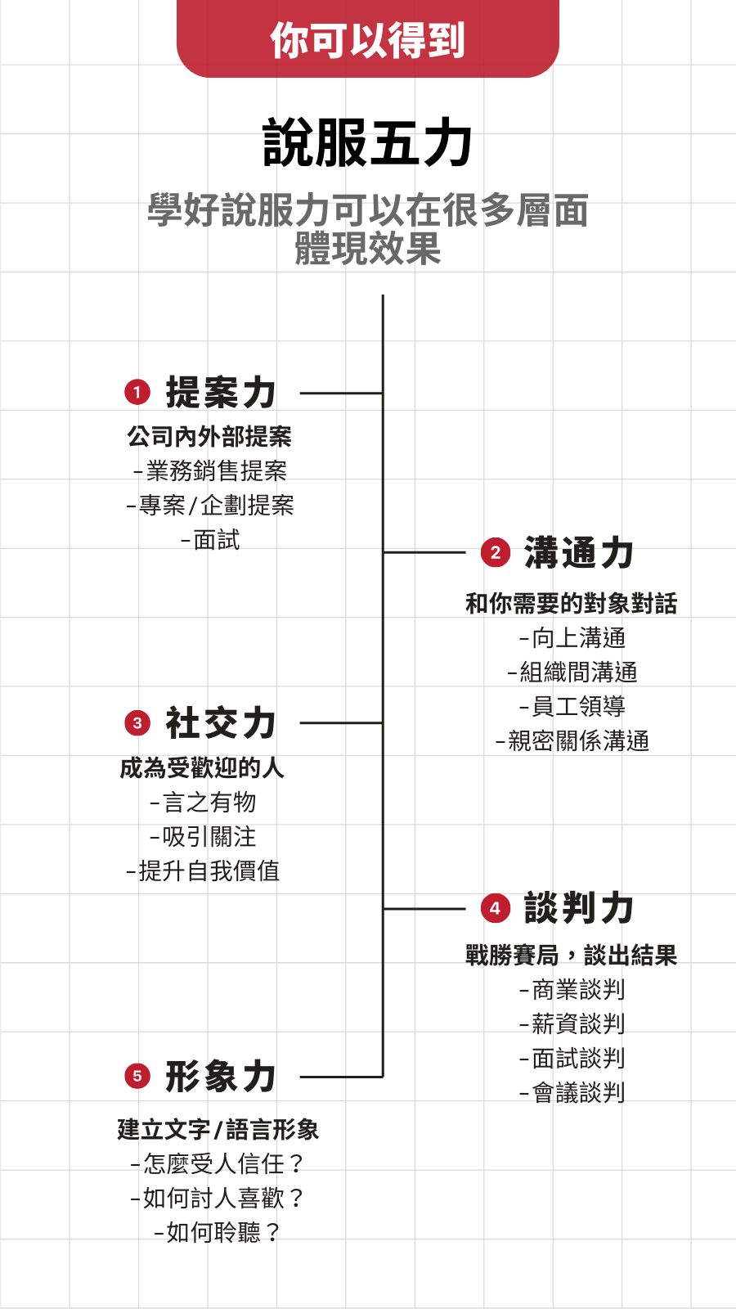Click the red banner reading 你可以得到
point(367,38)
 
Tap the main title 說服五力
point(367,142)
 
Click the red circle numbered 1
point(137,392)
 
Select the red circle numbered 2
point(496,552)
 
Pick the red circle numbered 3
point(137,723)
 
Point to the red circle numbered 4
point(496,908)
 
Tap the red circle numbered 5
point(137,1076)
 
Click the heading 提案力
point(221,392)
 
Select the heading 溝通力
point(579,552)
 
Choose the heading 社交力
point(221,723)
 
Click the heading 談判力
point(579,908)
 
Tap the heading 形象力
point(221,1076)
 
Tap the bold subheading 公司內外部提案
point(209,437)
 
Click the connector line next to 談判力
point(424,909)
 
